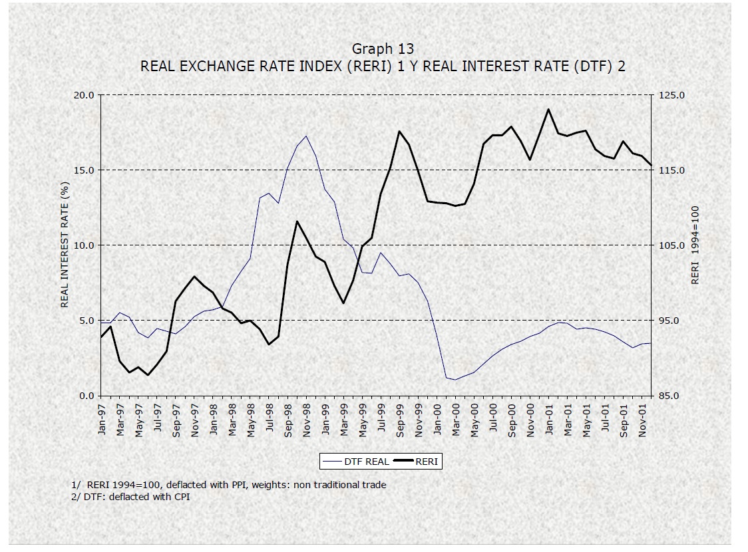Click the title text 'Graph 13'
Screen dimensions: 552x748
383,49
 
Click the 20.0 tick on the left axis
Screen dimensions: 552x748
84,95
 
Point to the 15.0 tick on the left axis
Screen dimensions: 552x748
84,170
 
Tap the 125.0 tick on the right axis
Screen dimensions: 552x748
670,95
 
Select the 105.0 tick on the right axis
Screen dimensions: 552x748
670,245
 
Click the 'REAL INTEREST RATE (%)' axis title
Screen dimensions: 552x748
65,246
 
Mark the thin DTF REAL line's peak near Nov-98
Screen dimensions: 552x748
306,136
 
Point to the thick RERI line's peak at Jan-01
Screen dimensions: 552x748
548,110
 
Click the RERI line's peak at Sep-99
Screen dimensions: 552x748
399,132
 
